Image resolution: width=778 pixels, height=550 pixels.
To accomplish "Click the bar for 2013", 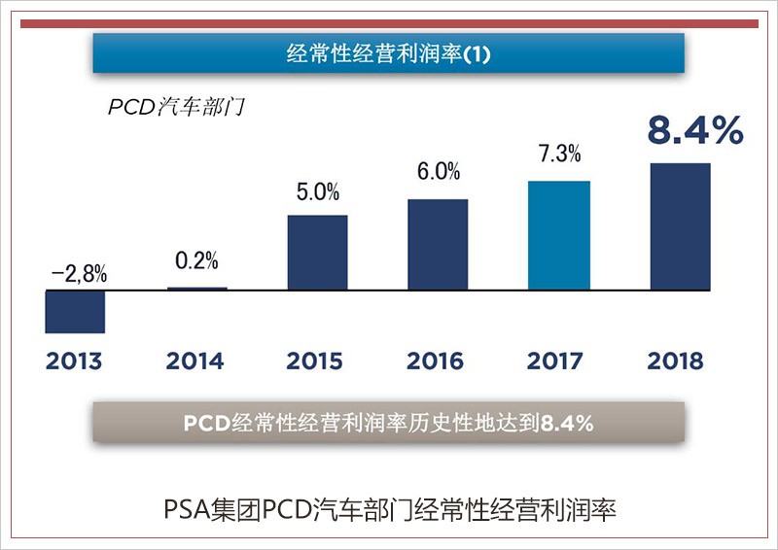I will (75, 312).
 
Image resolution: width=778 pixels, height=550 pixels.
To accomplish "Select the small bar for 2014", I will (196, 289).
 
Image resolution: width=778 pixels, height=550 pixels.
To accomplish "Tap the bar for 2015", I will (317, 253).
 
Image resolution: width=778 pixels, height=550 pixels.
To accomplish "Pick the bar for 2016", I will (438, 245).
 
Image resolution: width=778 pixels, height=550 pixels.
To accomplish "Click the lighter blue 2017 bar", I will (558, 236).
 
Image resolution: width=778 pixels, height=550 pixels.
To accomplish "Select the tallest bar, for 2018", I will (680, 226).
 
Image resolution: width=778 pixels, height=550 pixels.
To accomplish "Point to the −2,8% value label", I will (79, 274).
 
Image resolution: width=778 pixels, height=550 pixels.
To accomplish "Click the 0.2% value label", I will (196, 261).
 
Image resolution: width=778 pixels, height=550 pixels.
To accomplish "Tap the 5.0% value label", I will (318, 190).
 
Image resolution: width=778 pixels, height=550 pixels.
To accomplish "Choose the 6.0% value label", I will (438, 172).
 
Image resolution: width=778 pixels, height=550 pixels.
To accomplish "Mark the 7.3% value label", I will (559, 154).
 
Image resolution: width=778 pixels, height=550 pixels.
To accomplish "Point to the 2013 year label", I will (74, 361).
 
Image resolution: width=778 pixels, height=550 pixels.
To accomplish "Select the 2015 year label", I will (315, 361).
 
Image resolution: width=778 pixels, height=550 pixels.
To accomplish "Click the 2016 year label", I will (436, 361).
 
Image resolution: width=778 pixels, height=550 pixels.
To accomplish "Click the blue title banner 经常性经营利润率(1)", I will (389, 53).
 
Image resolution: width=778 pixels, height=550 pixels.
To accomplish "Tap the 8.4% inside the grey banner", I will (567, 424).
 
